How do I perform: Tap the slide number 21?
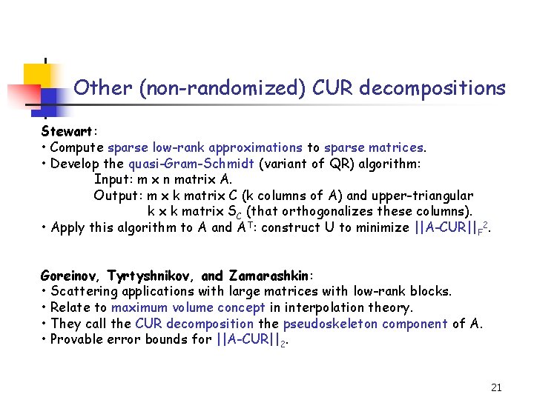496,387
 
